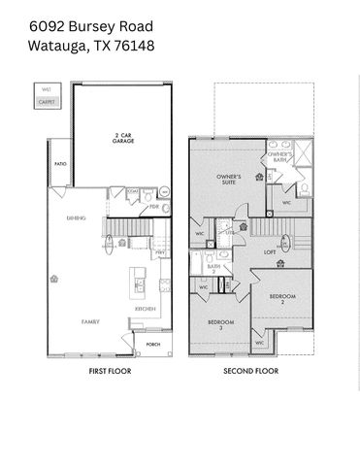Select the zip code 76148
pyautogui.click(x=132, y=45)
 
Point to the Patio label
pyautogui.click(x=59, y=165)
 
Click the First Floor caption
pyautogui.click(x=109, y=372)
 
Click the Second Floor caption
pyautogui.click(x=249, y=372)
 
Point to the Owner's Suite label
pyautogui.click(x=228, y=178)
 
